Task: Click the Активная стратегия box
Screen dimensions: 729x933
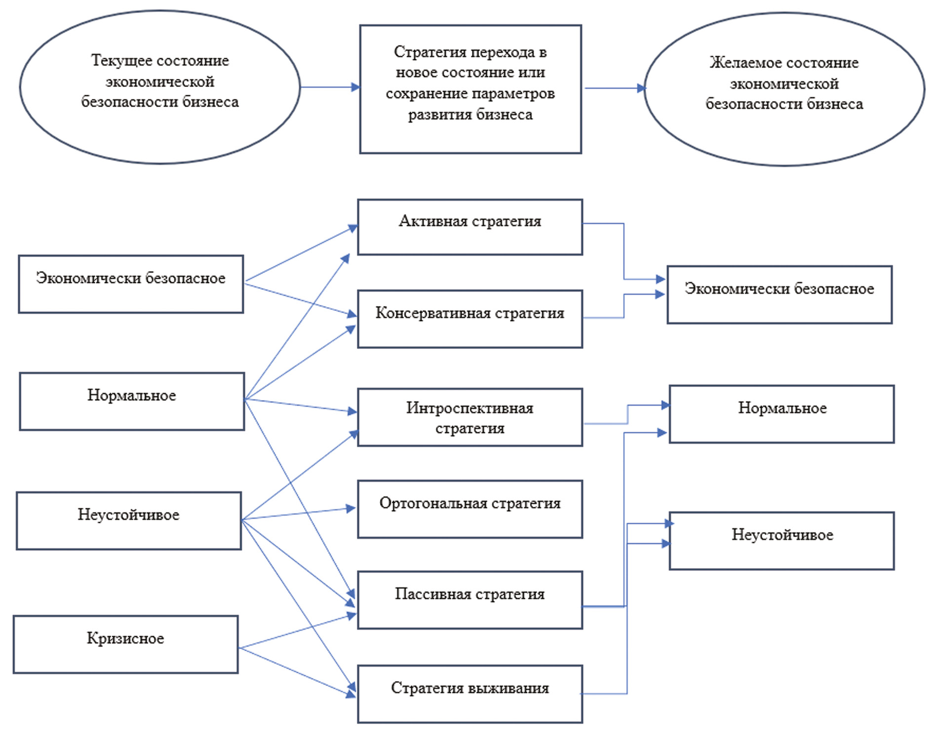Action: click(470, 227)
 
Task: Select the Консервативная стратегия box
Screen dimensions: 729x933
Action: click(470, 319)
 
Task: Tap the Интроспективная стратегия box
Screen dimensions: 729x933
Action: click(470, 418)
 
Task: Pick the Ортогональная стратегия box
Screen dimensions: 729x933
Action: click(470, 509)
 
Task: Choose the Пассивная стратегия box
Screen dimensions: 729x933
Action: click(470, 600)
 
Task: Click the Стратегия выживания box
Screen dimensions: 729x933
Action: click(470, 694)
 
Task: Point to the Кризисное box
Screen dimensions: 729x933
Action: click(126, 644)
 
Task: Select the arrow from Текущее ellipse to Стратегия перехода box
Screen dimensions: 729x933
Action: click(330, 87)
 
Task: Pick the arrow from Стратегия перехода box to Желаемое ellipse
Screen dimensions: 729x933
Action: click(615, 88)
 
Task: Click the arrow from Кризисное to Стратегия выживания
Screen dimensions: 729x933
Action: click(296, 671)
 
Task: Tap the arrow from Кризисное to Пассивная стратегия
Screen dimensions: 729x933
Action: click(296, 632)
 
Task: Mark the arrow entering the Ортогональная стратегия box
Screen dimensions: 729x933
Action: click(299, 514)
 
